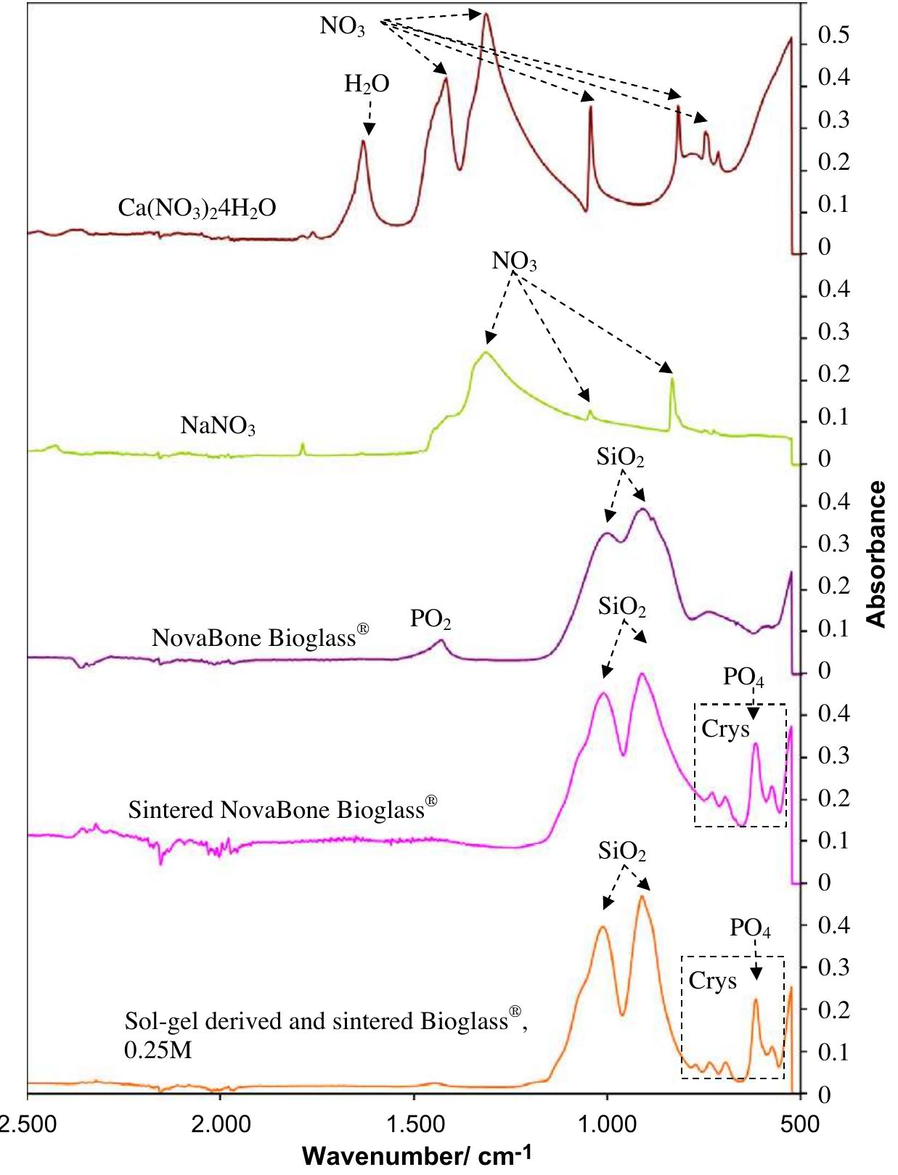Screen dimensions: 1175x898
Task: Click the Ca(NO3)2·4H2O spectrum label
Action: tap(197, 208)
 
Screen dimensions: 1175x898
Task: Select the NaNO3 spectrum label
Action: tap(218, 425)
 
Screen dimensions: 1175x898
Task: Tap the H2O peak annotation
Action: tap(367, 85)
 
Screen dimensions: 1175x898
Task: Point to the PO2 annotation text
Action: tap(430, 619)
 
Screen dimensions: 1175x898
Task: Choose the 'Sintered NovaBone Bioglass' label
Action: tap(282, 808)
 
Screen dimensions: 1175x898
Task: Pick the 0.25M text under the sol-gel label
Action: tap(158, 1049)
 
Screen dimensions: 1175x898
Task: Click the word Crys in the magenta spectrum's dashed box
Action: tap(725, 729)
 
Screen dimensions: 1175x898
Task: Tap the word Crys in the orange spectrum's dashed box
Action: tap(712, 980)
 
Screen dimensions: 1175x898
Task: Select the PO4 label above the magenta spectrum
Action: tap(743, 678)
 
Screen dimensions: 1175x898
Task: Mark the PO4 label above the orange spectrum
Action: tap(750, 928)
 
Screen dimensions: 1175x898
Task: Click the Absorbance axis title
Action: tap(877, 554)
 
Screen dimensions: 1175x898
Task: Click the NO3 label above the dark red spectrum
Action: tap(343, 26)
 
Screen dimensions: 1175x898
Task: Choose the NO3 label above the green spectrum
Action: tap(514, 261)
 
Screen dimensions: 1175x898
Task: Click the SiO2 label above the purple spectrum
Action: tap(620, 457)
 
